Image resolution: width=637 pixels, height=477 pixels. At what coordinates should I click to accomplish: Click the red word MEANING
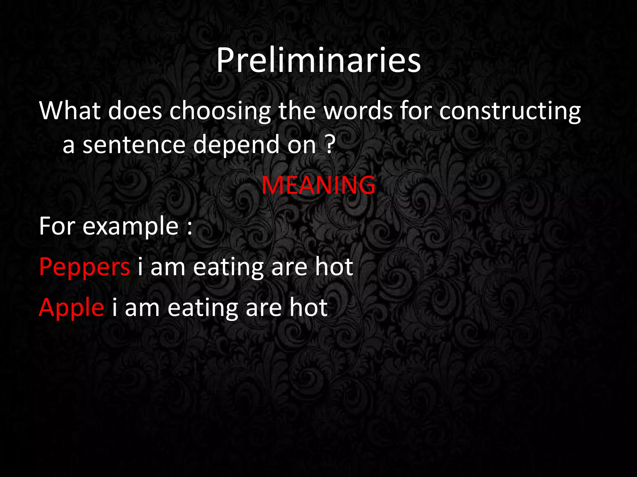coord(318,185)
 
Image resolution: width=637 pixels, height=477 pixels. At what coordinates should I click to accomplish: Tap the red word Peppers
coord(85,267)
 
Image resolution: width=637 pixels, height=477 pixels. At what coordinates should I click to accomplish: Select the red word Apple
coord(72,308)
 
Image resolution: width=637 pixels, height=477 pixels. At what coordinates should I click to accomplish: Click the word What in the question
coord(70,111)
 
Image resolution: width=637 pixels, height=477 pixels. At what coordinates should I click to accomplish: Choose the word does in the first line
coord(135,111)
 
